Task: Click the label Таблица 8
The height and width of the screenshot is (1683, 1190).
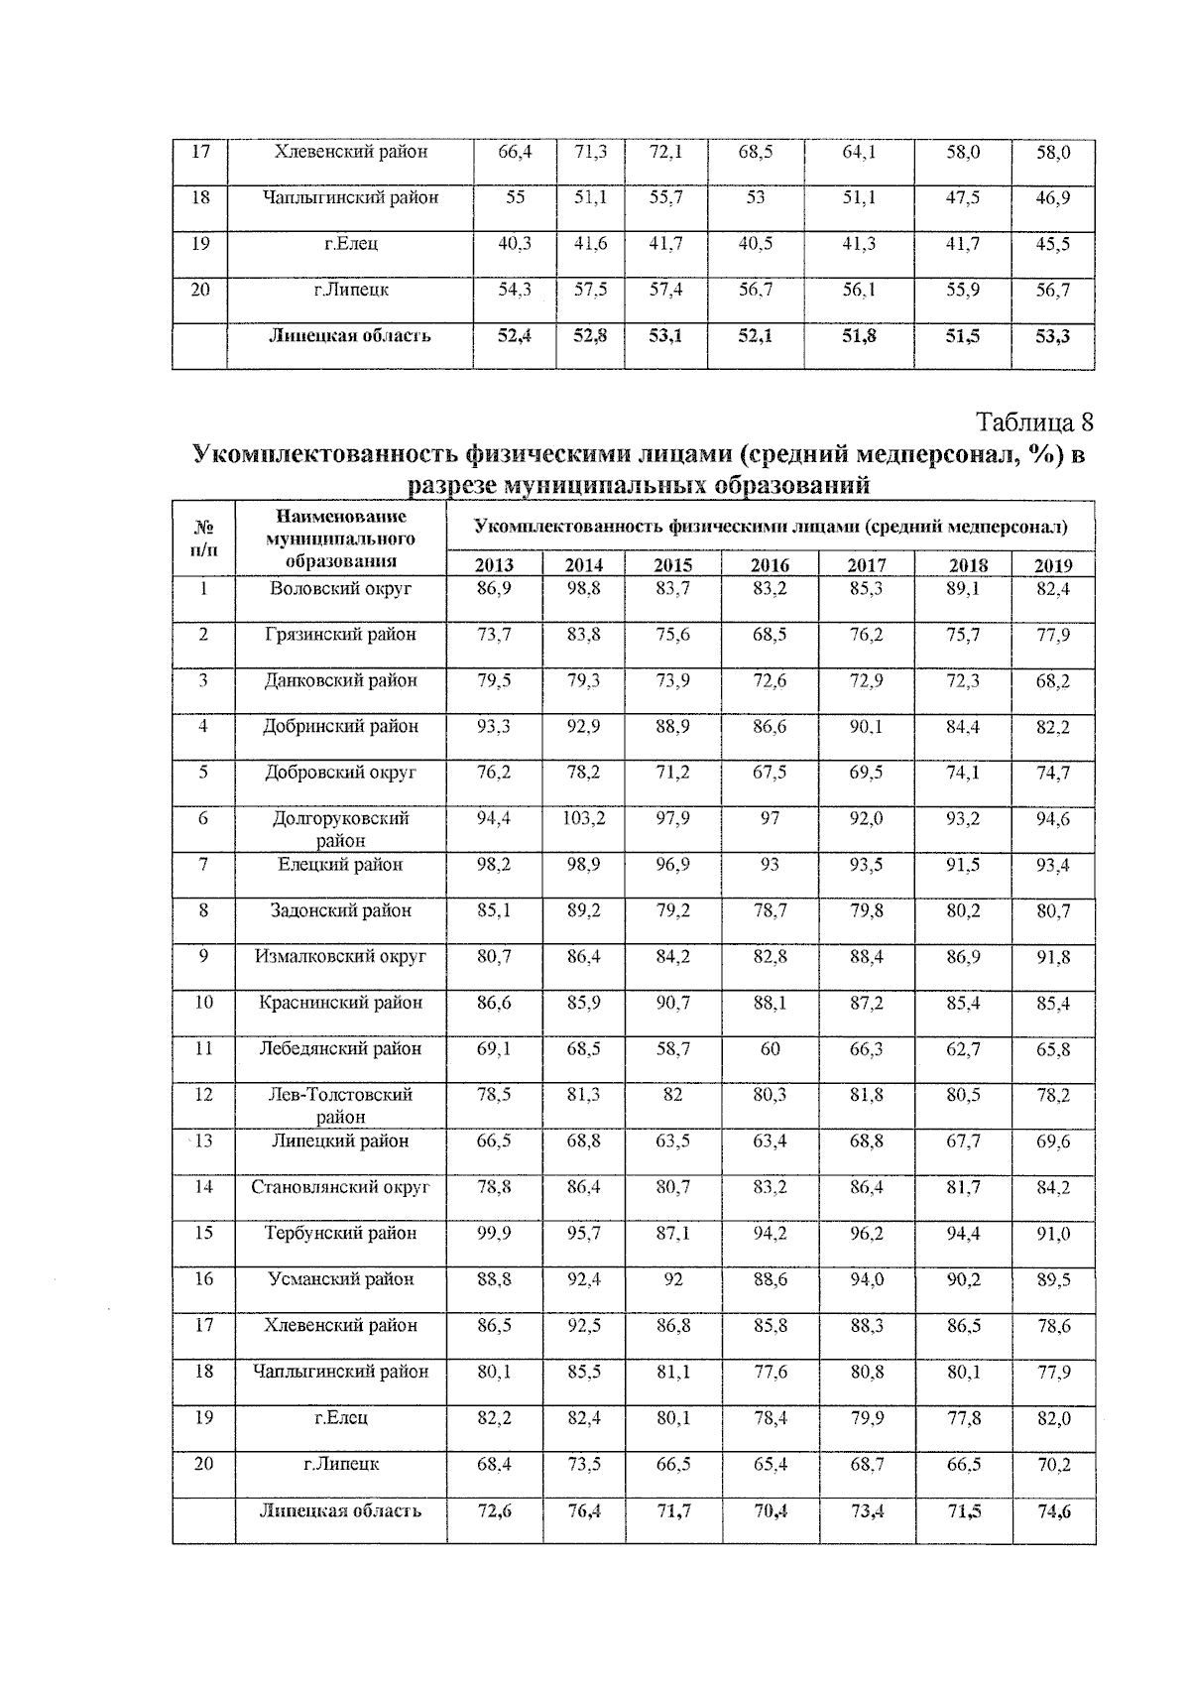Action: pos(1035,421)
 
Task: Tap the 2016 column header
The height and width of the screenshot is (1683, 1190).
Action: pos(770,565)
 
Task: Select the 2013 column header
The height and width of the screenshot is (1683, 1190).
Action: pos(494,565)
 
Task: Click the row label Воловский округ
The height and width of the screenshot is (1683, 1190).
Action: pos(340,588)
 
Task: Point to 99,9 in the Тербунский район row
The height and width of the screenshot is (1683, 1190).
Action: pos(494,1233)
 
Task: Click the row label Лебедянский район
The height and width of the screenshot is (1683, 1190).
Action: pos(340,1048)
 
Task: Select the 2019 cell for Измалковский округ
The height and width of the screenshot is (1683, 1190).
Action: pos(1053,957)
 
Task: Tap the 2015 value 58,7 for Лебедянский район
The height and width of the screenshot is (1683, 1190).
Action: pos(673,1048)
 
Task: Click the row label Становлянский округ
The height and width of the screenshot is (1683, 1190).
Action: pos(340,1187)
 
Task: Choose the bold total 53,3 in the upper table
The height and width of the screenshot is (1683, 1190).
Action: pos(1052,336)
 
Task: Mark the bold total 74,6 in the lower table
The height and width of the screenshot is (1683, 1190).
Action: pos(1053,1511)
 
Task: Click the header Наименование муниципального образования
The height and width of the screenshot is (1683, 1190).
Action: pos(340,539)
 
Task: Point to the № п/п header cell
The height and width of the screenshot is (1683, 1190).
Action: pos(203,539)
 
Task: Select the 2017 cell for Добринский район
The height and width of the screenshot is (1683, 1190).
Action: pos(867,726)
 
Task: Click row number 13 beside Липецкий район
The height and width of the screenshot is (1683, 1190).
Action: pos(203,1142)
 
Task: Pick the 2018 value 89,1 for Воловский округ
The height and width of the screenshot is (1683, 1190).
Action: pos(963,588)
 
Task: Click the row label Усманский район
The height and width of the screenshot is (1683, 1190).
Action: pos(340,1279)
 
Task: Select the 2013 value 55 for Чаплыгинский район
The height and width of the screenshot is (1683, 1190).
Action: pos(516,197)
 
